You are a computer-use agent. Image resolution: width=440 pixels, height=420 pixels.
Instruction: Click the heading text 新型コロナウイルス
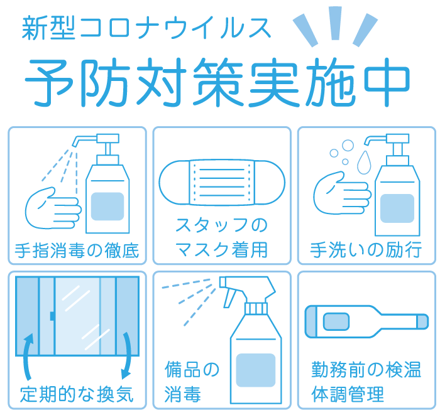tap(146, 28)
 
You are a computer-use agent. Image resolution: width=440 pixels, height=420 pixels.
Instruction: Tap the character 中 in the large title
tap(387, 82)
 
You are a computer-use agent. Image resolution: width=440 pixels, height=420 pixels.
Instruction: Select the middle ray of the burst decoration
tap(335, 23)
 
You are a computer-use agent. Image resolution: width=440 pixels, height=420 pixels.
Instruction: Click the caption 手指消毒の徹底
tap(77, 250)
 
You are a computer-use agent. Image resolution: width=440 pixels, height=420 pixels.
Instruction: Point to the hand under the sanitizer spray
tap(53, 208)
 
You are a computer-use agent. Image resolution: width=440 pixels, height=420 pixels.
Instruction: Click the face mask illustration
tap(222, 183)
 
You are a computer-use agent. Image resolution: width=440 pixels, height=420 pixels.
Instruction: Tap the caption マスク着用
tap(222, 249)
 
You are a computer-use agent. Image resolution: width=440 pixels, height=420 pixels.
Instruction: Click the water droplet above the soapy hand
tap(364, 163)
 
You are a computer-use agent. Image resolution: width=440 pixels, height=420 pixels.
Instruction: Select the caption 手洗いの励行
tap(366, 250)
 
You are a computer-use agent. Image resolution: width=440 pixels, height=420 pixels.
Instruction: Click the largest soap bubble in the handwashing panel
tap(348, 146)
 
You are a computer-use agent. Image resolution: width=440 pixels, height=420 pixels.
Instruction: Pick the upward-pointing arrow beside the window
tap(28, 356)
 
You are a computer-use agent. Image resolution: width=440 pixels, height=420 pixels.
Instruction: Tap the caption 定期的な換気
tap(77, 394)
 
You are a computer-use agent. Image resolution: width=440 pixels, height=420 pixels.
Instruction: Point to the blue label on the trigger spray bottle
tap(256, 370)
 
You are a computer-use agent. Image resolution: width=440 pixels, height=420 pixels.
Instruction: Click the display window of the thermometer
tap(336, 321)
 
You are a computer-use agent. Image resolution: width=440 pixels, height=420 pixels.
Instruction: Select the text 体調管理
tap(348, 394)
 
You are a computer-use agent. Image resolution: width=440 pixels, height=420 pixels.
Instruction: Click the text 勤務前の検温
tap(366, 370)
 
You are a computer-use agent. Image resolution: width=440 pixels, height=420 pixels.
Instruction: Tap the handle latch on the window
tap(52, 316)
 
